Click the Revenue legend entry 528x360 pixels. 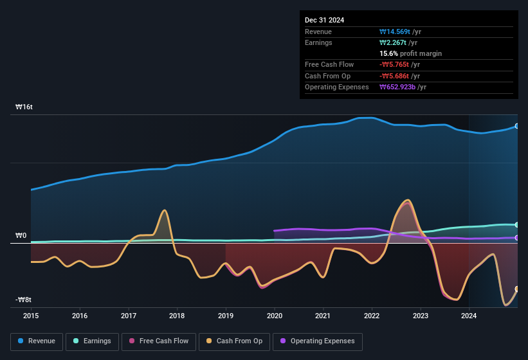(36, 341)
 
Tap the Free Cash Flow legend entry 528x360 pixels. (159, 341)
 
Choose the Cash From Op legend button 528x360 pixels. (234, 341)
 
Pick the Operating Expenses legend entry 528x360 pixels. (318, 341)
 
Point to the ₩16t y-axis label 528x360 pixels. (24, 107)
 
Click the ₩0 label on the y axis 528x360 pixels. (21, 236)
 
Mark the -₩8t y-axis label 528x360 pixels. (23, 300)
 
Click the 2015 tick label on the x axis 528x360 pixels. (31, 316)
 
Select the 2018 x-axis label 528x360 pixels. (177, 316)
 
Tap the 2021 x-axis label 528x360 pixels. (323, 316)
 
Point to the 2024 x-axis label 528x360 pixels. (469, 316)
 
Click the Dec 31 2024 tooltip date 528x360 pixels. (325, 20)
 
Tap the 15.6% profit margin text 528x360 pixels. (411, 53)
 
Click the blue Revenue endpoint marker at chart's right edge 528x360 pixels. (517, 126)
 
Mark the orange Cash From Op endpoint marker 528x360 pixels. (517, 289)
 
